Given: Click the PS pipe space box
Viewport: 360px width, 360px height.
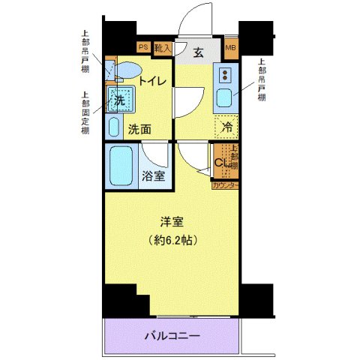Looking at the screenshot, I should click(x=142, y=47).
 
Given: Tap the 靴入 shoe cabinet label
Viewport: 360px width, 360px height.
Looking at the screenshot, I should click(x=163, y=47).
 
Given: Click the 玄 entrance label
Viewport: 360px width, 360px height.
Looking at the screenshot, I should click(x=198, y=52).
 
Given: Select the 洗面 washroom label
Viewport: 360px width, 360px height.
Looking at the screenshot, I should click(x=139, y=129).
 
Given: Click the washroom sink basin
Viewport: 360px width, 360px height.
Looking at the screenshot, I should click(x=115, y=125).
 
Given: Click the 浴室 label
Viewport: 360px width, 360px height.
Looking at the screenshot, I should click(x=154, y=177).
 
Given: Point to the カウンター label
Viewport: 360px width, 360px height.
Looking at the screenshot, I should click(x=226, y=185).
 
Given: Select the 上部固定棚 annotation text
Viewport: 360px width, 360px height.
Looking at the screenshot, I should click(x=85, y=113).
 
